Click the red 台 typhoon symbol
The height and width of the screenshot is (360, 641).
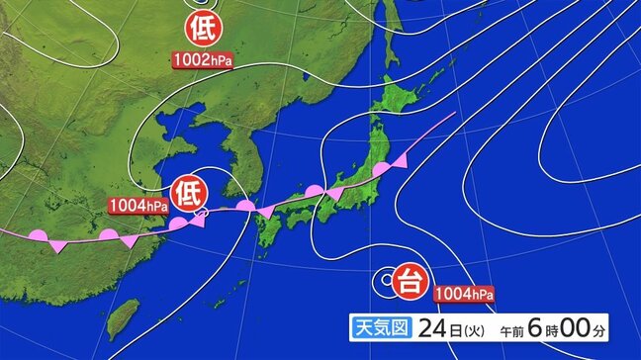coord(408,282)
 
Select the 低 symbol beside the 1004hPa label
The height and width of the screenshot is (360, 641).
coord(187,193)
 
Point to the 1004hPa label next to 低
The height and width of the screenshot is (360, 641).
coord(138,206)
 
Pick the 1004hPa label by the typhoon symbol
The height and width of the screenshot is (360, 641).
coord(463,293)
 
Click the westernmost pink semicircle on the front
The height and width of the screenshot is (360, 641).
coord(39,234)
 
